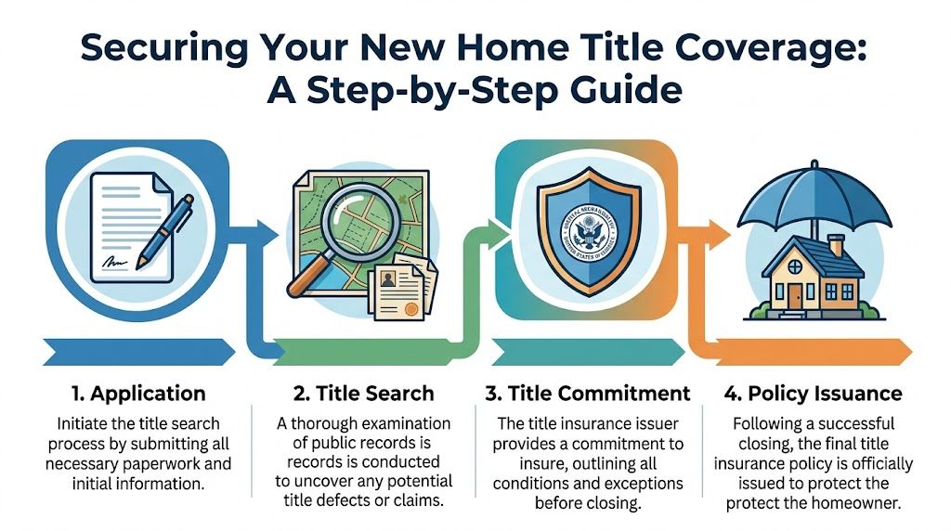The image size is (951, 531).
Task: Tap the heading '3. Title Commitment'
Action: point(588,393)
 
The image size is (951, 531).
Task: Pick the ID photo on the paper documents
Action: point(384,280)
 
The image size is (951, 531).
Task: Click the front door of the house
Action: point(795,295)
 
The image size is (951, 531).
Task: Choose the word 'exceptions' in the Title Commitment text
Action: point(636,484)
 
